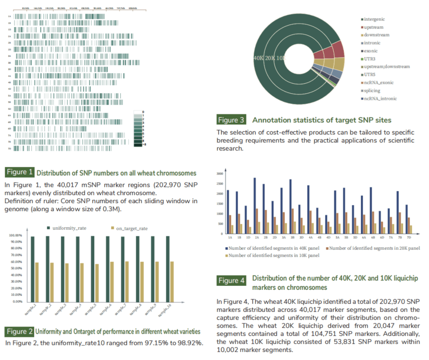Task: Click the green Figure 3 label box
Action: [231, 120]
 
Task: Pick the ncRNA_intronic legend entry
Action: [381, 99]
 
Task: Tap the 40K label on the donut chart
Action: [259, 59]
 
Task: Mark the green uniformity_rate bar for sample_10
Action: [168, 269]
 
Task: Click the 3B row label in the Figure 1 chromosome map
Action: [9, 63]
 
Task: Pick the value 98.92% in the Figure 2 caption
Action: [189, 343]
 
